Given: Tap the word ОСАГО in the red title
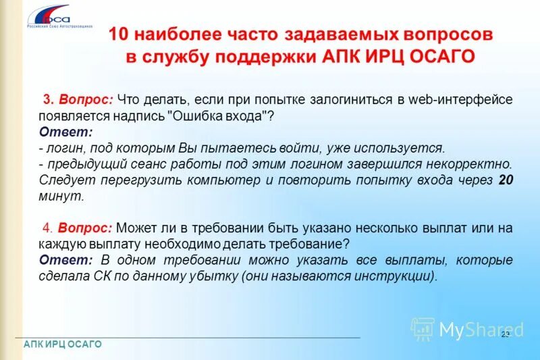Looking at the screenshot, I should (446, 56).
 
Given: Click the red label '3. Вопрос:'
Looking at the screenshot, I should (78, 99).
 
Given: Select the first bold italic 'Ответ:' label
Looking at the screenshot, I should (65, 131).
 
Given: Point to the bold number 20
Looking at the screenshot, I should (505, 180).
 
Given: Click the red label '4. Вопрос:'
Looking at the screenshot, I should (78, 228).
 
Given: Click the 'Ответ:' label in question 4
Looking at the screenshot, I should (65, 260).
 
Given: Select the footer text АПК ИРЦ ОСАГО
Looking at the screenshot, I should (63, 344).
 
